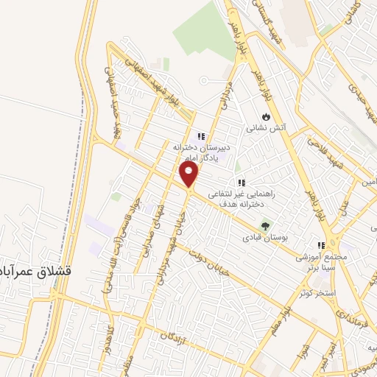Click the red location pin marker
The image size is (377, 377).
(189, 175)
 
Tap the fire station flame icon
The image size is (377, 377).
(266, 116)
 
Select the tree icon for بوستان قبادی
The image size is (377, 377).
(267, 225)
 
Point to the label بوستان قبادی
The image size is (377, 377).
(267, 238)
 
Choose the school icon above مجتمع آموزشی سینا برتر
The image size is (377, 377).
(320, 246)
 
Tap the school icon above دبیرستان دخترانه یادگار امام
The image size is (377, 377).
(200, 135)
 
